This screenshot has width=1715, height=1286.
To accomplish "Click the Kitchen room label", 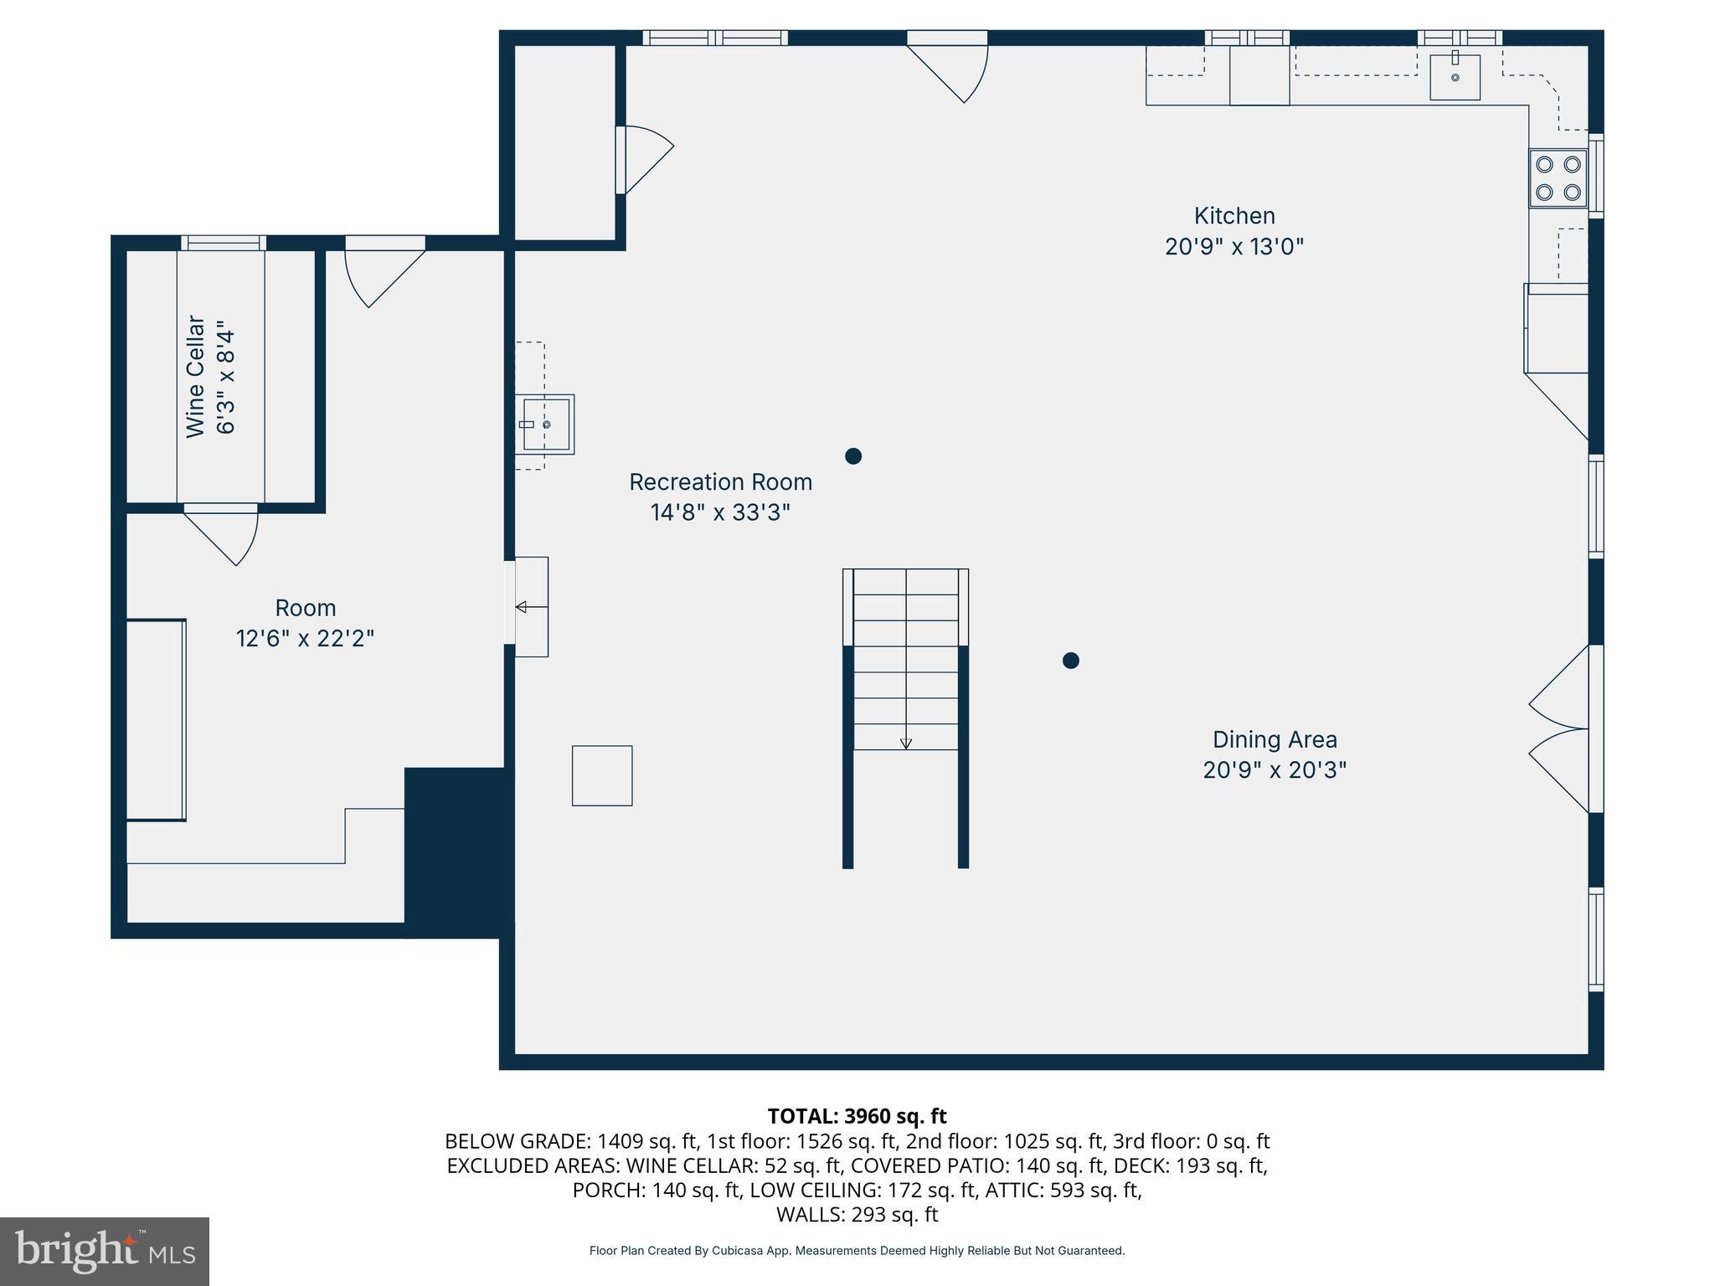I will tap(1234, 216).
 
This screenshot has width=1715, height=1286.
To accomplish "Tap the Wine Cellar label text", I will tap(196, 376).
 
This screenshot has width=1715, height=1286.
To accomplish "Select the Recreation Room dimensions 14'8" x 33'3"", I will tap(720, 512).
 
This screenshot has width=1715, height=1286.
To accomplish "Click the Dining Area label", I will tap(1275, 739).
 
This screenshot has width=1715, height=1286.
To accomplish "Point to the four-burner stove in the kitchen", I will tap(1558, 178).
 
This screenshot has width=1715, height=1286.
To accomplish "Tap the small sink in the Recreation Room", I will tap(545, 424).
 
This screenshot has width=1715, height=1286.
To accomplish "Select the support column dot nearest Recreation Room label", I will tap(853, 456).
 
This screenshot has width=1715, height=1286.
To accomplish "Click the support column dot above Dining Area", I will tap(1070, 661).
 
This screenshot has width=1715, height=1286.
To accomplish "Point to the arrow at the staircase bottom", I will tap(905, 743).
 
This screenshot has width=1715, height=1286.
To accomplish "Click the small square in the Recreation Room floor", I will tap(602, 776).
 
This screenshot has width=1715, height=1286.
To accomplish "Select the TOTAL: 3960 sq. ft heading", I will tap(857, 1116).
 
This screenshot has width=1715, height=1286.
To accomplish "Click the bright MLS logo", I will tap(105, 1251).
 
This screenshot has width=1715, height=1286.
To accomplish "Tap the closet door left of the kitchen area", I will tap(645, 159).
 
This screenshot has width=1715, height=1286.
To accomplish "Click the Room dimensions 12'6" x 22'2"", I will tap(305, 639).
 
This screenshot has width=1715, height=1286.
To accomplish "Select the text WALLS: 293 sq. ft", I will tap(857, 1214).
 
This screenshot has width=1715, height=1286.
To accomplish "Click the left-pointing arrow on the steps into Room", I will tap(522, 607).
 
